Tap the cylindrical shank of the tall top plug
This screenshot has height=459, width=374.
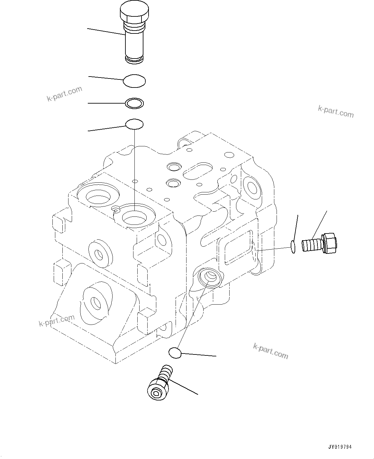tap(134, 43)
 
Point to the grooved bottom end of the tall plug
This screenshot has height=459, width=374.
tap(134, 59)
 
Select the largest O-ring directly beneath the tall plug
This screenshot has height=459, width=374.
tap(134, 81)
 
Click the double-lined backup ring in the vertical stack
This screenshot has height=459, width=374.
tap(134, 103)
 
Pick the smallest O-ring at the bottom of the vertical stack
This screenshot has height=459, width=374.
tap(134, 124)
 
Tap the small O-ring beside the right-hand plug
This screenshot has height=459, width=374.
tap(293, 247)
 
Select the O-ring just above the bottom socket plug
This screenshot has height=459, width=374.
tap(175, 353)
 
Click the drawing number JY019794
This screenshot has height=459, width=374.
tap(340, 447)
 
